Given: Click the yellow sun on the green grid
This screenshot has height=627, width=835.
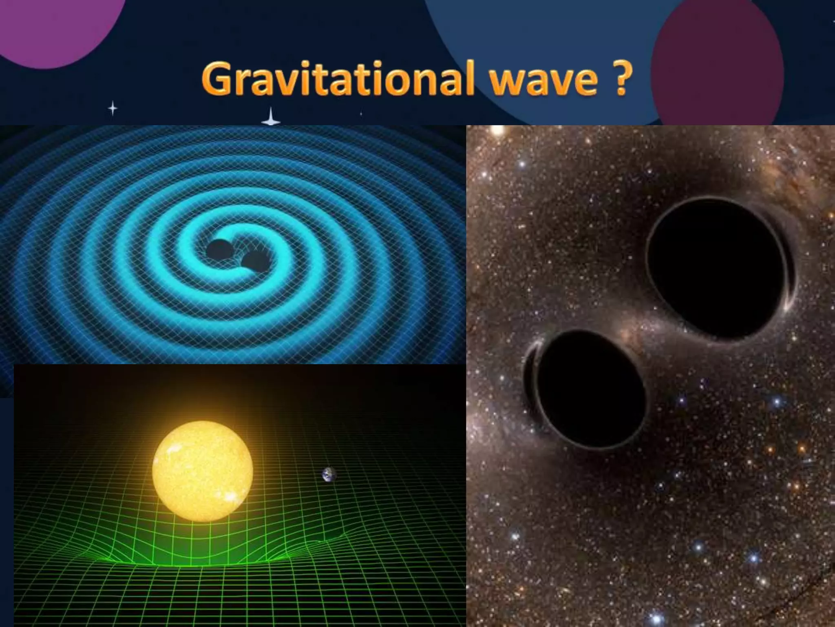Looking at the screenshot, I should pos(203,471).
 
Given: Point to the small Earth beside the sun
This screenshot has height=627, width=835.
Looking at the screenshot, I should pos(329,474).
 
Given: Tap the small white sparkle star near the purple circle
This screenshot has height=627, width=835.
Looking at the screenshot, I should pos(113,109).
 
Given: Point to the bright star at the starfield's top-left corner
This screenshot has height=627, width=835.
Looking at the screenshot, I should pos(497,131).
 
